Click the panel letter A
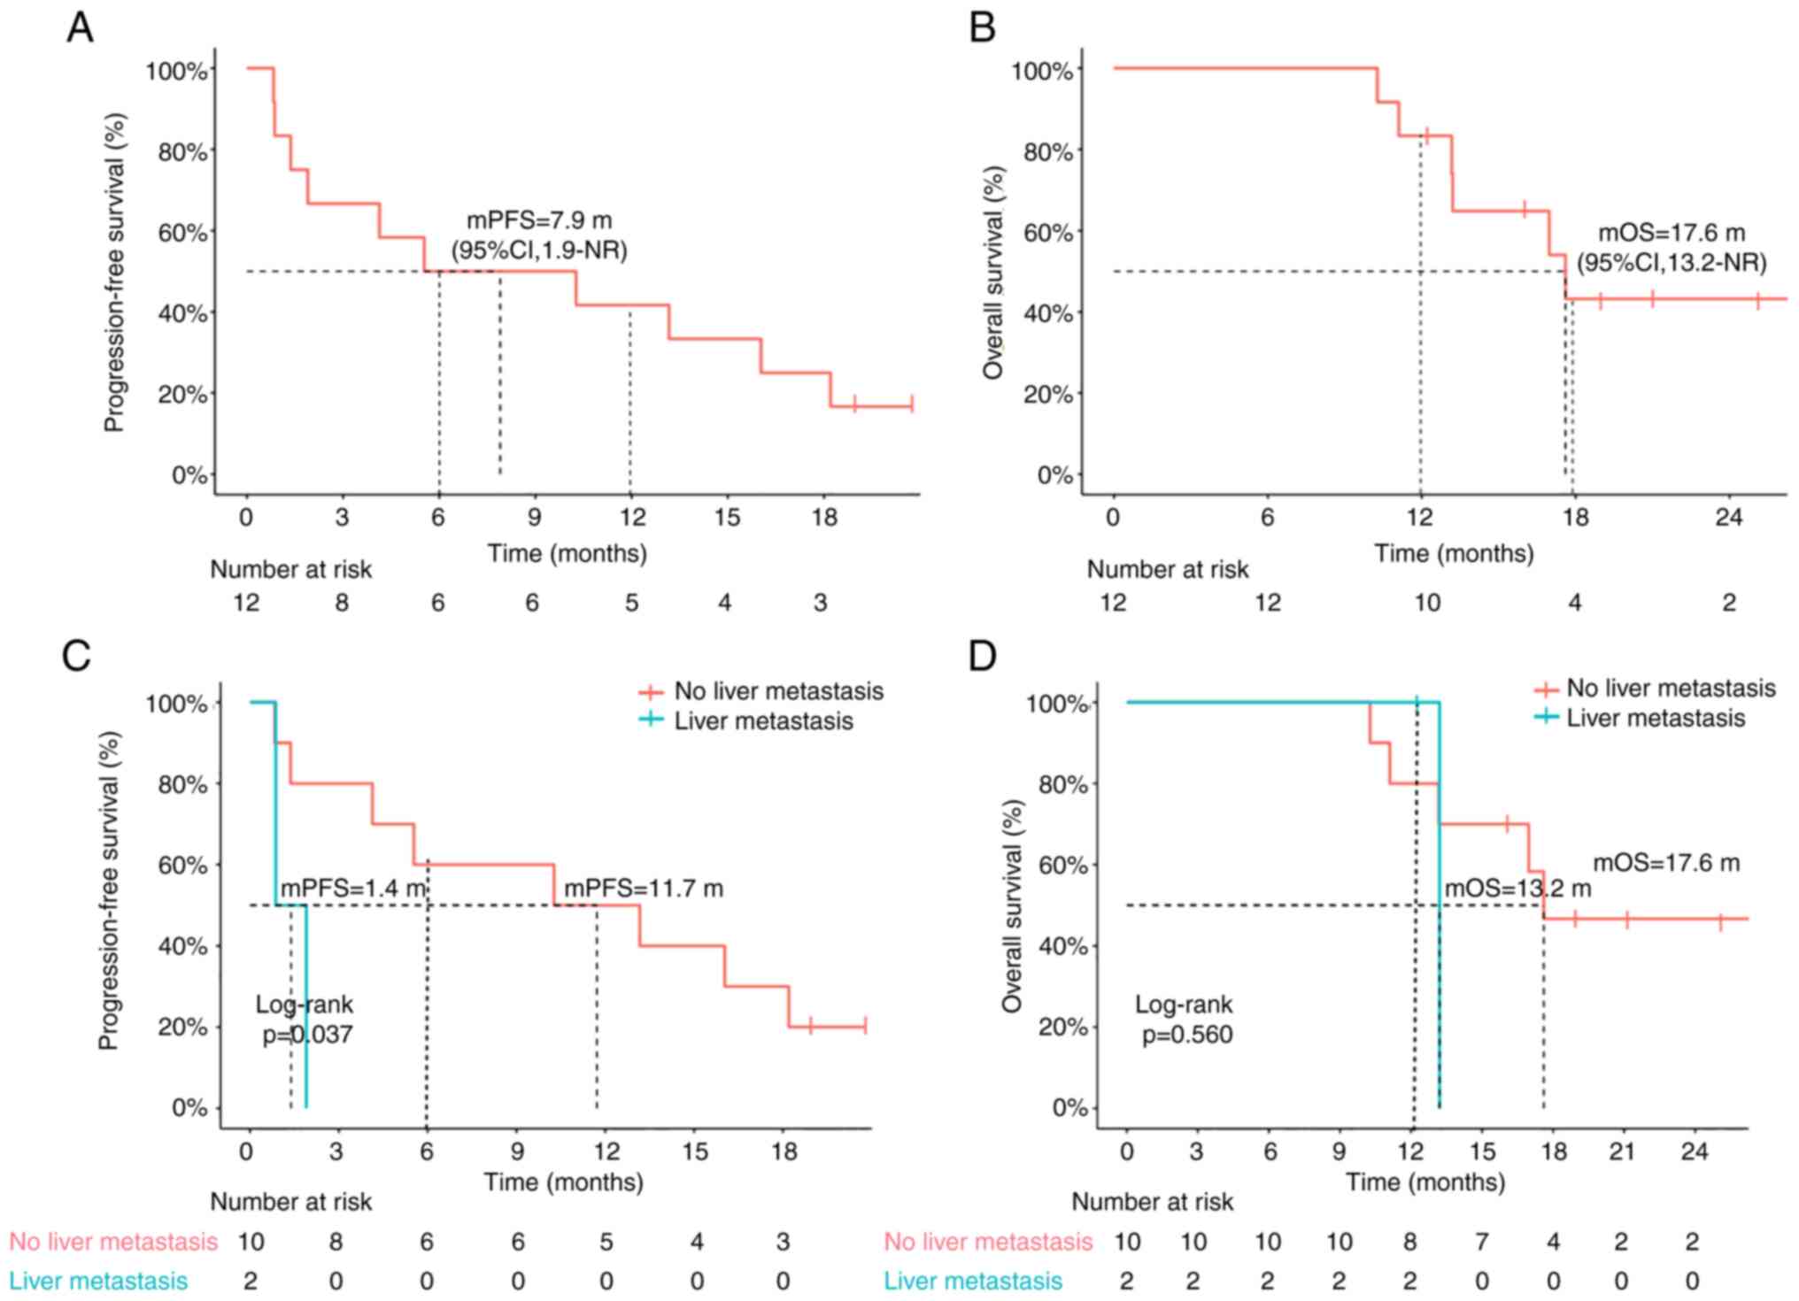(x=80, y=28)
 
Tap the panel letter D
(x=983, y=657)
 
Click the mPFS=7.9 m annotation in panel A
(x=539, y=220)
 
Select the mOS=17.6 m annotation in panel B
(x=1671, y=233)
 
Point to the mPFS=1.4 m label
(x=353, y=888)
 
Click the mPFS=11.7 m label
(x=644, y=888)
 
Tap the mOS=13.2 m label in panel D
(x=1517, y=888)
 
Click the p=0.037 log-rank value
(x=307, y=1034)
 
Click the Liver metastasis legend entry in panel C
(x=763, y=720)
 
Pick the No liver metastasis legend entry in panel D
(x=1671, y=688)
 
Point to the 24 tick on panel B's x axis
(x=1728, y=517)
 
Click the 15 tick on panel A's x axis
(x=727, y=517)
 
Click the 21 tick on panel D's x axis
(x=1623, y=1151)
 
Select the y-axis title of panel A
(x=114, y=272)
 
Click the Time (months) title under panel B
(x=1454, y=554)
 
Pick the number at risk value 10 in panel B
(x=1426, y=603)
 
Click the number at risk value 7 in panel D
(x=1482, y=1242)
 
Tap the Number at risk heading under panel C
(x=290, y=1202)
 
